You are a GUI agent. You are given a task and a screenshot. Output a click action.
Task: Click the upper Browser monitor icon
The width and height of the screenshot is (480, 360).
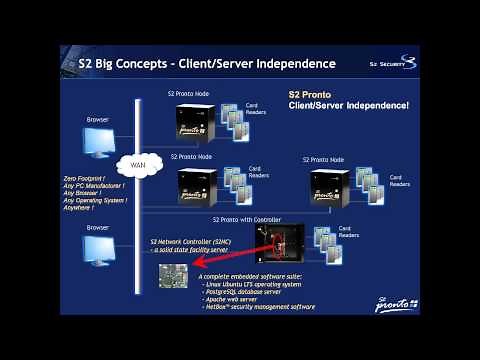pos(97,143)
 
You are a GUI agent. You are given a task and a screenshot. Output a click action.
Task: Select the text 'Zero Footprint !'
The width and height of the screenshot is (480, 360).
pos(82,177)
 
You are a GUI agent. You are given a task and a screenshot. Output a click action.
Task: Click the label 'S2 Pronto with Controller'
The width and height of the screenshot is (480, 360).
pos(246,218)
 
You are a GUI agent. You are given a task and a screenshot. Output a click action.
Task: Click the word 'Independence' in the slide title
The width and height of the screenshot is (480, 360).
pos(291,64)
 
